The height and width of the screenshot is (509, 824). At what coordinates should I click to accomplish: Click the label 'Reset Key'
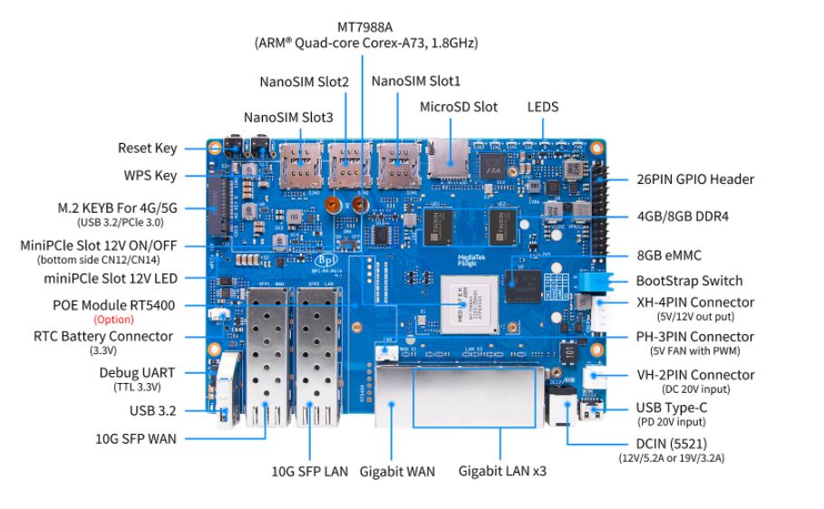(x=148, y=149)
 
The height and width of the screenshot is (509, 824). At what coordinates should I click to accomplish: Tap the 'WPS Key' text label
(x=150, y=176)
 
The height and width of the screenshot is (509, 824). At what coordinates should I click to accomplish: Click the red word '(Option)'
(x=113, y=319)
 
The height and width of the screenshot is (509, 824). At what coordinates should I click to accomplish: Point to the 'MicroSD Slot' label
(x=459, y=107)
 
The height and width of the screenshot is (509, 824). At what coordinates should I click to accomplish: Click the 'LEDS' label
(x=543, y=107)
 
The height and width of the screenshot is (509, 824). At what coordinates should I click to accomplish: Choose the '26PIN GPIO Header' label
(x=695, y=179)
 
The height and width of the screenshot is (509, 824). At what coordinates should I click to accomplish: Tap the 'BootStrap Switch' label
(x=689, y=281)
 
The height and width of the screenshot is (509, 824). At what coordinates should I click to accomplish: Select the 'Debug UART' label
(x=137, y=373)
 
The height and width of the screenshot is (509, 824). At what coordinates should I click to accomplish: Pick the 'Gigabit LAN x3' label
(x=502, y=471)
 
